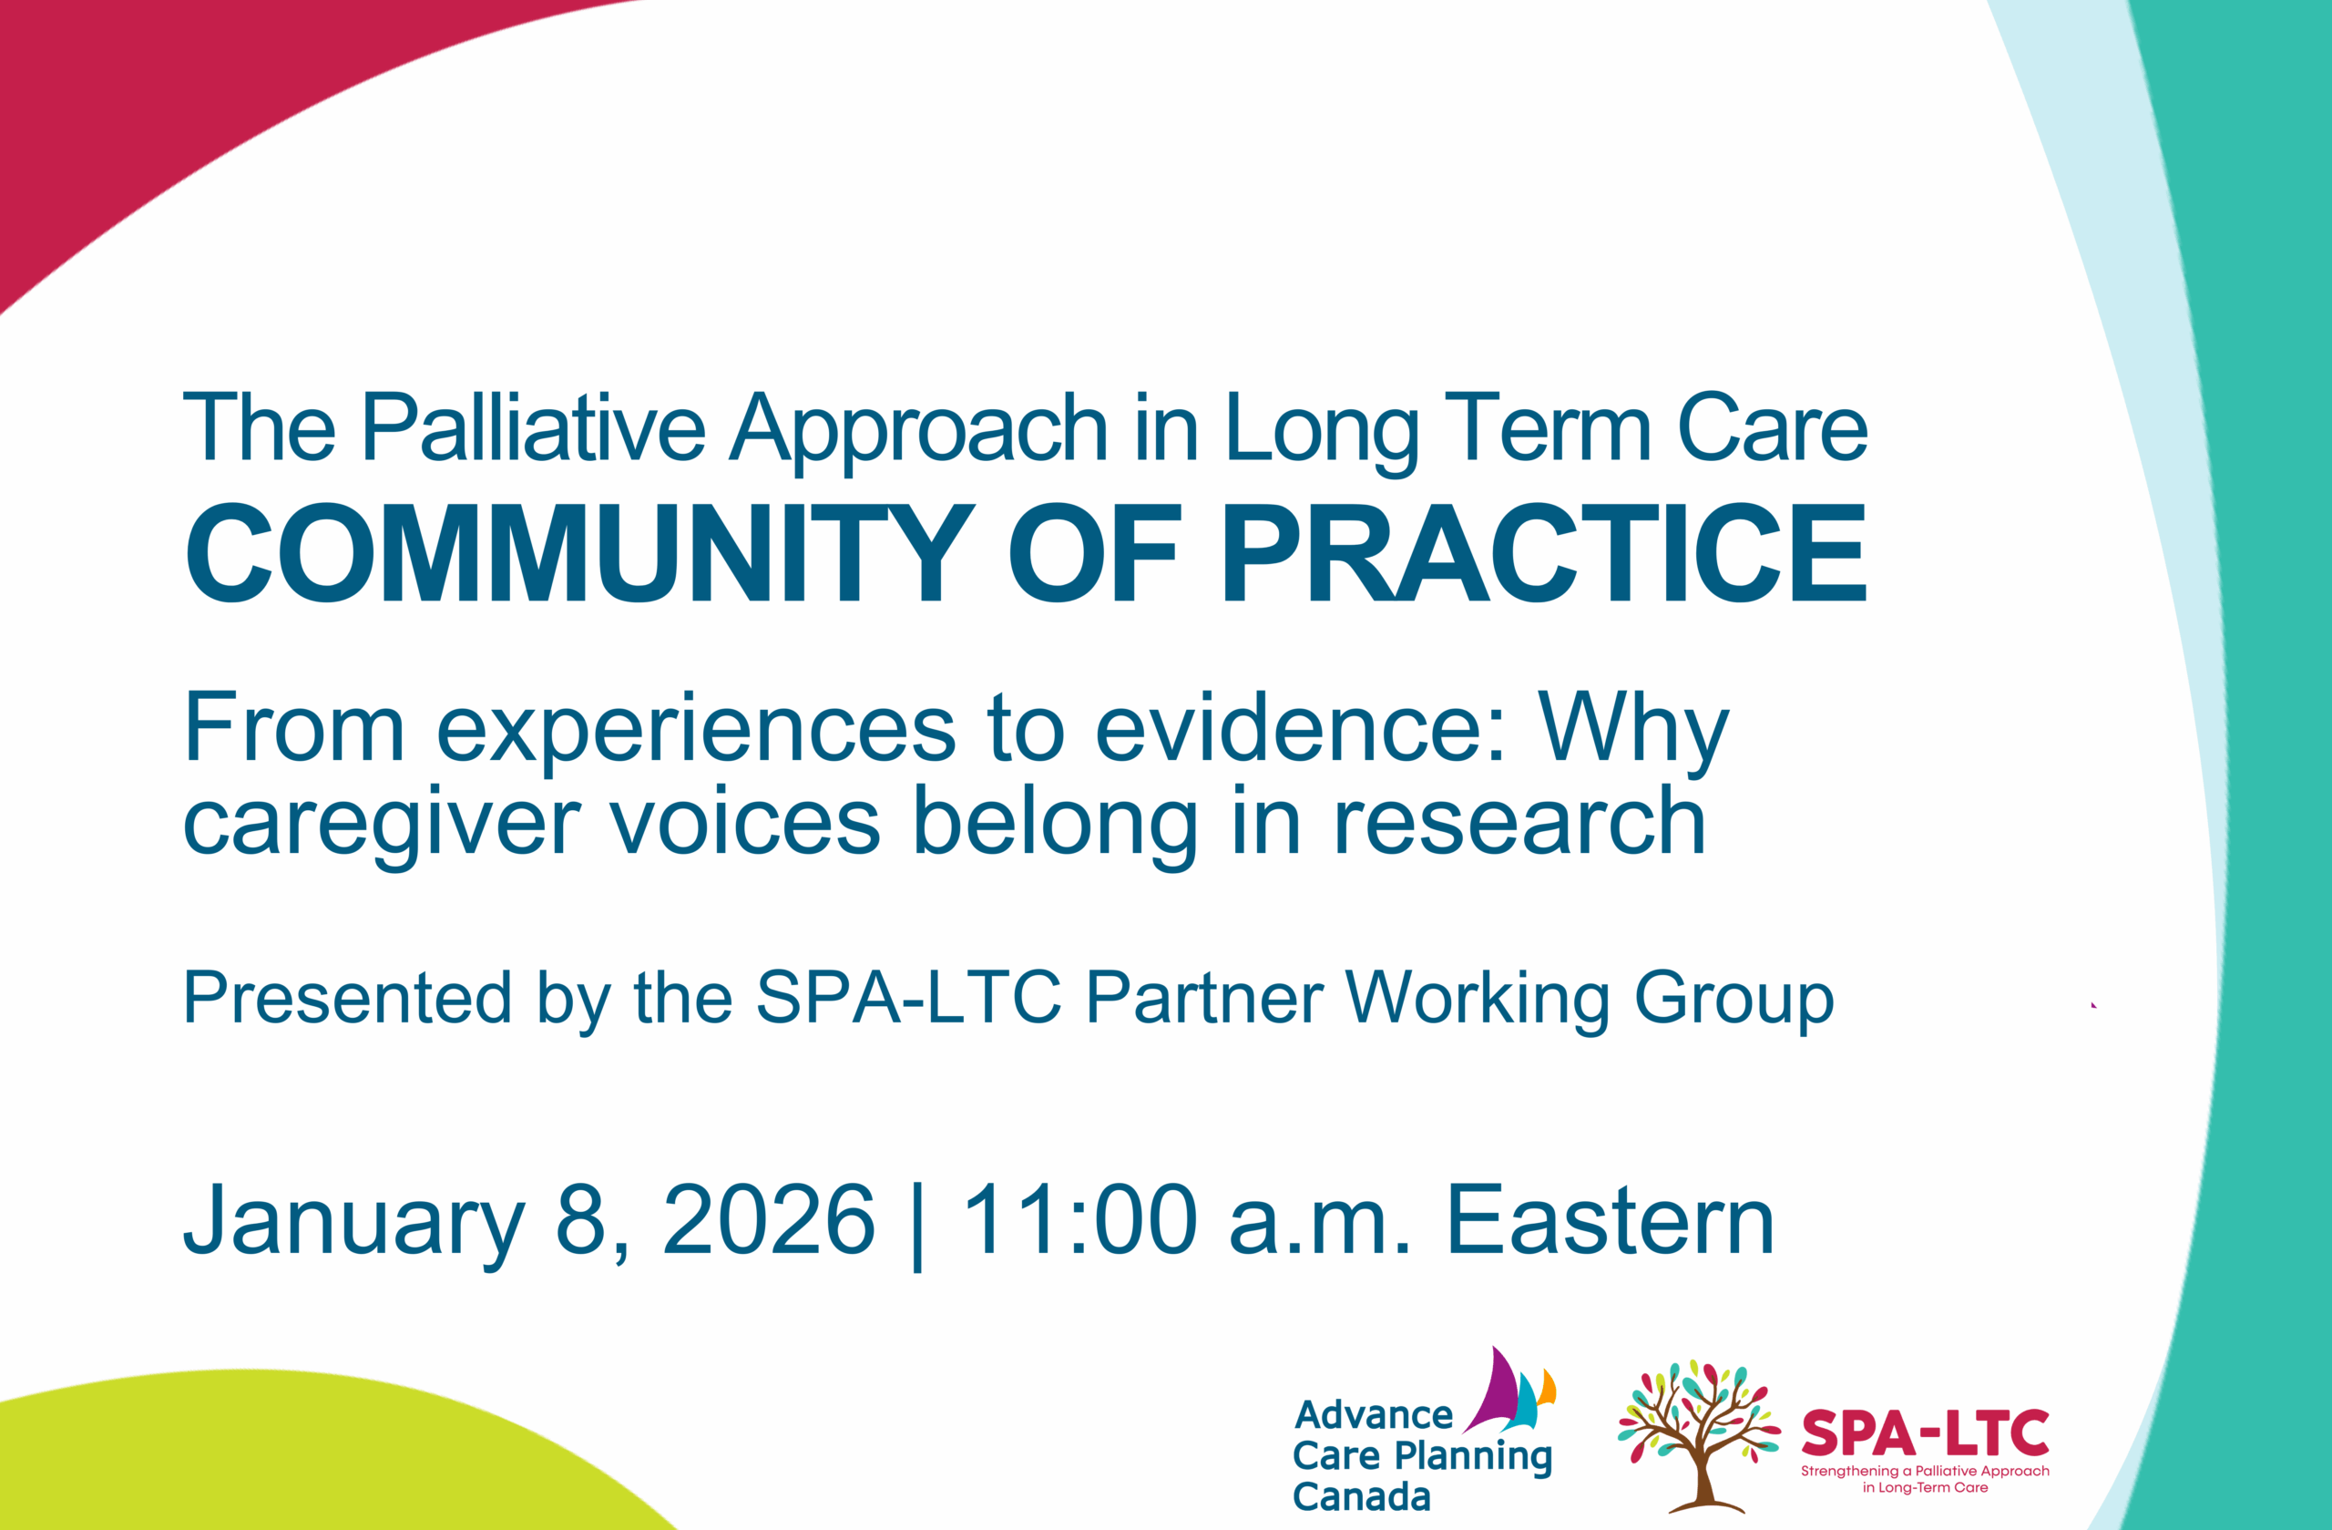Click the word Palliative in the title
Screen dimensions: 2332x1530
pyautogui.click(x=533, y=427)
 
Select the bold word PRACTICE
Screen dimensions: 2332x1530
pyautogui.click(x=1544, y=554)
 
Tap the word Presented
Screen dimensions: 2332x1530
pyautogui.click(x=348, y=998)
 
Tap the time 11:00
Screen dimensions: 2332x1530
pyautogui.click(x=1079, y=1220)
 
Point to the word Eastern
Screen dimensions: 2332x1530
pyautogui.click(x=1610, y=1220)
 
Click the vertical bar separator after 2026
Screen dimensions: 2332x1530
pyautogui.click(x=917, y=1225)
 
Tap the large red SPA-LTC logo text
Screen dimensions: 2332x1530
pyautogui.click(x=1926, y=1433)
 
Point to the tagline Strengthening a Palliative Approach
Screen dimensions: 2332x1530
pyautogui.click(x=1926, y=1471)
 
